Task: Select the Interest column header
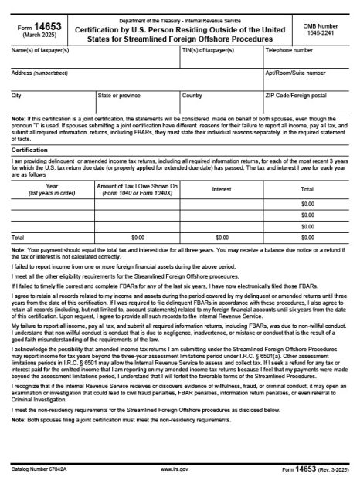coord(222,188)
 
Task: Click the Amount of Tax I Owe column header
coord(138,188)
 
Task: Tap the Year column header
coord(52,188)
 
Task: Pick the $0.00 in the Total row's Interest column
coord(222,237)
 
